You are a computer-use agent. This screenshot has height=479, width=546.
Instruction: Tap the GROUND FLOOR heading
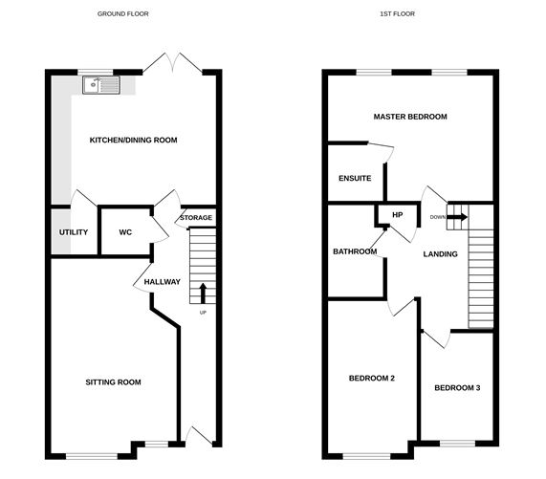pyautogui.click(x=123, y=14)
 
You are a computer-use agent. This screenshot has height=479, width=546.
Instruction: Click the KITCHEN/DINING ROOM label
pyautogui.click(x=133, y=141)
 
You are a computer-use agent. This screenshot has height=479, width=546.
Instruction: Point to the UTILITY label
pyautogui.click(x=74, y=232)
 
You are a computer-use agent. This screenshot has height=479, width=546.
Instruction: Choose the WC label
pyautogui.click(x=125, y=232)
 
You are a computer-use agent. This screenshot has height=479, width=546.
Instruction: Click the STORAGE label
pyautogui.click(x=196, y=218)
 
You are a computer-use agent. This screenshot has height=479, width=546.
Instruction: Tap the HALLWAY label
pyautogui.click(x=162, y=282)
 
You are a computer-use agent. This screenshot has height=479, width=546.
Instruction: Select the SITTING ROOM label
pyautogui.click(x=113, y=382)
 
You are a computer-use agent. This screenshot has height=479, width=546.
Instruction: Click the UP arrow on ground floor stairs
pyautogui.click(x=203, y=292)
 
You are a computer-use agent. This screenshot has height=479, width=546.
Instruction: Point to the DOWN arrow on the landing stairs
pyautogui.click(x=457, y=217)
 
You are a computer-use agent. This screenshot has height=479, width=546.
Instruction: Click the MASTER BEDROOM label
pyautogui.click(x=410, y=117)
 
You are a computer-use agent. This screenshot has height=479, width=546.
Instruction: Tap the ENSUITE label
pyautogui.click(x=354, y=178)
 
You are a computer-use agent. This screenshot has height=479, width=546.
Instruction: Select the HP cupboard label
pyautogui.click(x=398, y=214)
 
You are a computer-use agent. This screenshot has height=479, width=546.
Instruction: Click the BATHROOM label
pyautogui.click(x=355, y=251)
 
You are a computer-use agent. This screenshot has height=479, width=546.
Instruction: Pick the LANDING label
pyautogui.click(x=440, y=253)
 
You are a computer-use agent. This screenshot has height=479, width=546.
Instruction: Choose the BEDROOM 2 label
pyautogui.click(x=372, y=379)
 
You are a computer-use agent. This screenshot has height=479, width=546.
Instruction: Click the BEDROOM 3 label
pyautogui.click(x=458, y=387)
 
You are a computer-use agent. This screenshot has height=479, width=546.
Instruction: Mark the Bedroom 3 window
pyautogui.click(x=458, y=443)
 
